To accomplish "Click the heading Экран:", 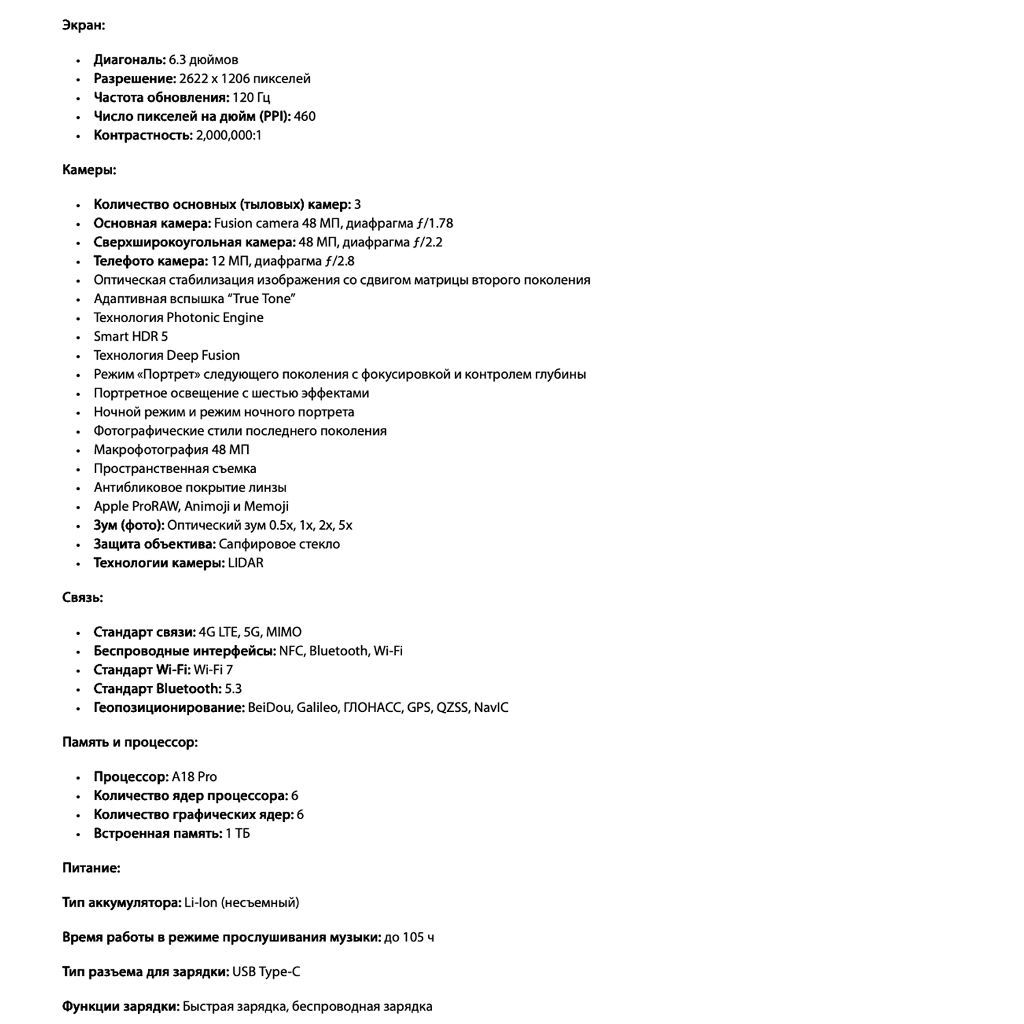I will click(83, 25).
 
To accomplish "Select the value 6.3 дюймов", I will click(203, 60).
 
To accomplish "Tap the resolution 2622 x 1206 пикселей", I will click(244, 79).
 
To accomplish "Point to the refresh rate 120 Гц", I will click(251, 98).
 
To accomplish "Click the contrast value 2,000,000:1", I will click(229, 135).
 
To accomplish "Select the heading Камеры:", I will click(89, 170).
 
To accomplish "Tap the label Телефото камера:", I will click(150, 261).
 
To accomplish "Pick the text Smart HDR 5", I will click(130, 337).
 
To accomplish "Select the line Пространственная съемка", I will click(175, 469).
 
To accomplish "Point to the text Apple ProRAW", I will click(136, 507).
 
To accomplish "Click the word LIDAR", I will click(245, 563).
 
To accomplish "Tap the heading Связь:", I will click(83, 598).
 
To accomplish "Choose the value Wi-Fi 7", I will click(213, 670).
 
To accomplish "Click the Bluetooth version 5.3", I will click(233, 689).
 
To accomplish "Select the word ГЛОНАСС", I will click(372, 708).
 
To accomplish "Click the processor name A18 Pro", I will click(194, 777).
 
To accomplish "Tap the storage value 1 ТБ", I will click(237, 834).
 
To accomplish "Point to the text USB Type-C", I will click(266, 972).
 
